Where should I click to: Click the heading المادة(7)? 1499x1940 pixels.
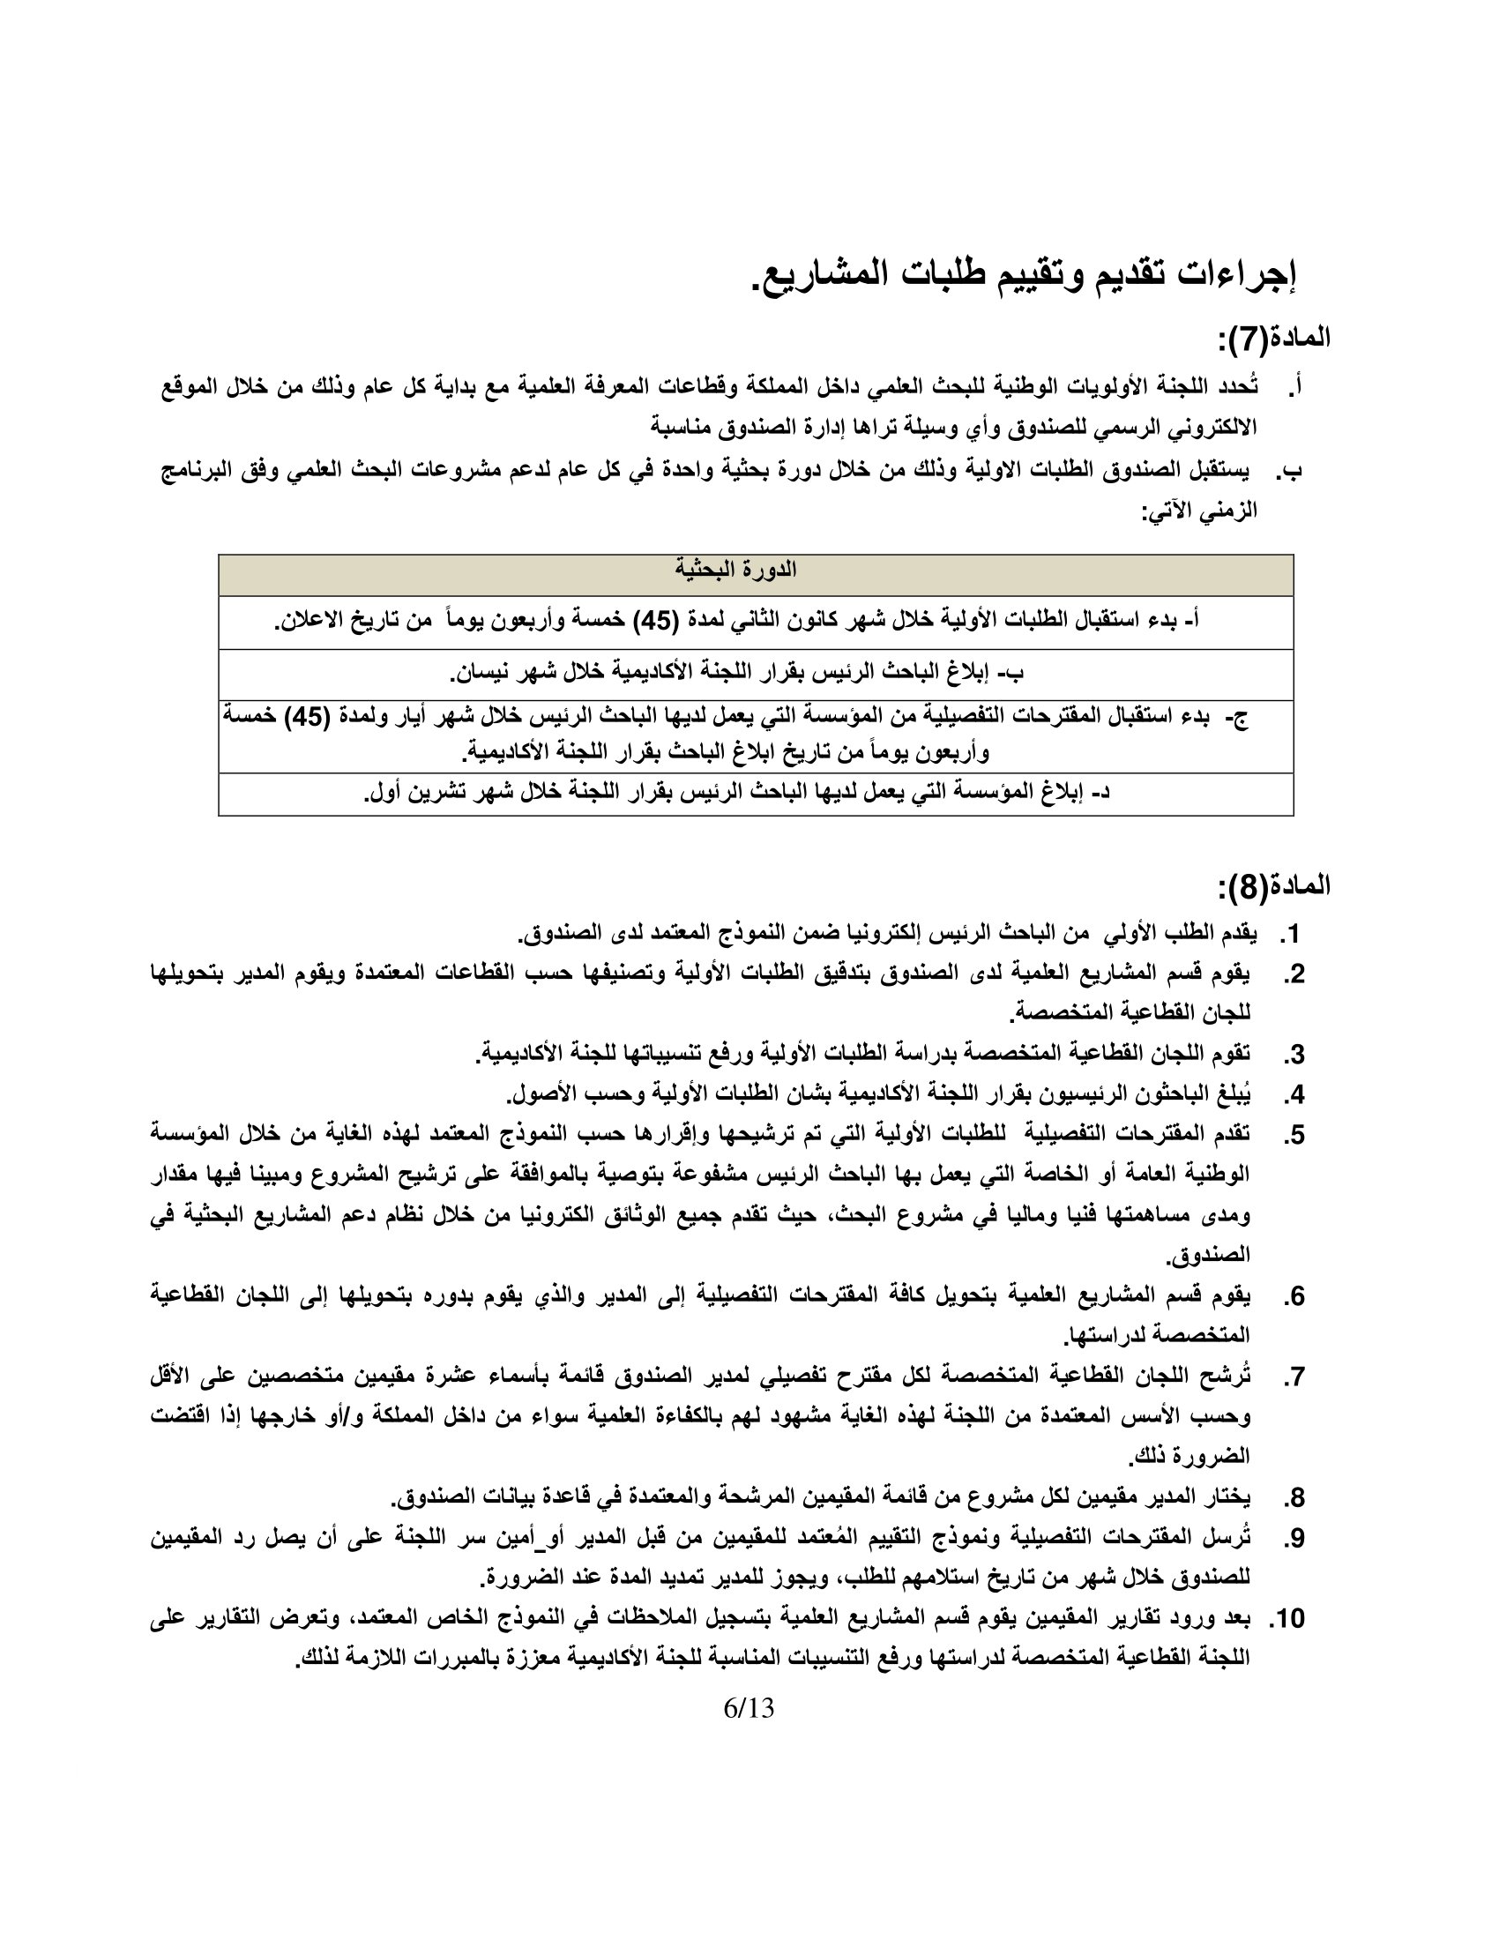pos(1272,338)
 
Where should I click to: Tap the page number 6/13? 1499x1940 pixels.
pos(749,1707)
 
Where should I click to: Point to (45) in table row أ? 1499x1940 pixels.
pos(657,621)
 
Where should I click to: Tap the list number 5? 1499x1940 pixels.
pos(1293,1135)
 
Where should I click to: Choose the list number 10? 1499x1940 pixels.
pos(1286,1618)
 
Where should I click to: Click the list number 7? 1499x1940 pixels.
pos(1293,1377)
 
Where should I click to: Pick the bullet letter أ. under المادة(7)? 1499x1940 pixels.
pos(1294,387)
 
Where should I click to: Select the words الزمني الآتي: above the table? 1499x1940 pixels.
pos(1199,511)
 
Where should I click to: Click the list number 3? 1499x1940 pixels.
pos(1293,1056)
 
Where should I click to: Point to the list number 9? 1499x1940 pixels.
pos(1293,1539)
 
